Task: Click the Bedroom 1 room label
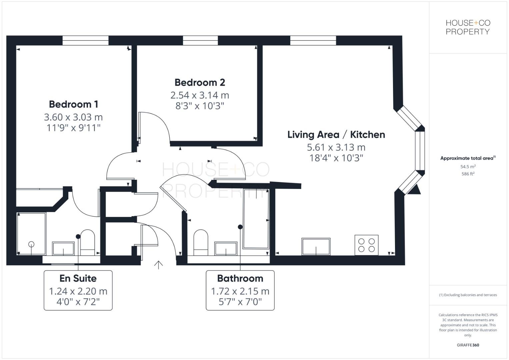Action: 73,104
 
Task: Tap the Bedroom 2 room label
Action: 200,82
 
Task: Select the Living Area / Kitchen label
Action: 336,135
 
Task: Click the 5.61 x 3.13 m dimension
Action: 336,147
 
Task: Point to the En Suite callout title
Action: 78,278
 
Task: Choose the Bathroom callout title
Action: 240,278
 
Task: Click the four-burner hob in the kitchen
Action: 366,245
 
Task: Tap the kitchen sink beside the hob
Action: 316,247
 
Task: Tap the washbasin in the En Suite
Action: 63,249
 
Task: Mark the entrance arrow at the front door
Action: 158,265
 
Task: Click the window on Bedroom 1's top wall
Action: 85,40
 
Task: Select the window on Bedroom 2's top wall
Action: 200,40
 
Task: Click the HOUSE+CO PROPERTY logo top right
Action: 468,27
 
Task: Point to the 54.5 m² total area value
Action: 468,167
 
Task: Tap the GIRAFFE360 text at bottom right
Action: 468,345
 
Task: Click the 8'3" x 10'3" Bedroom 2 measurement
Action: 200,106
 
